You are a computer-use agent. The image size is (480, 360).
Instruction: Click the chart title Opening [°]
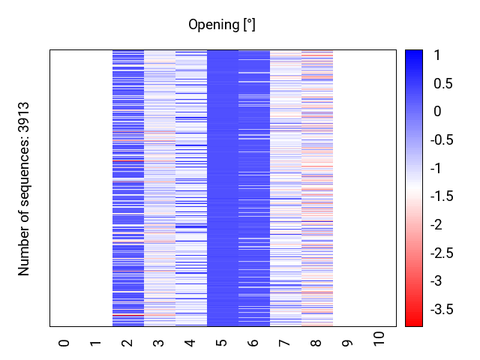[x=221, y=25]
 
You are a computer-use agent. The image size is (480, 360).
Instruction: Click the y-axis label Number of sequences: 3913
[x=24, y=189]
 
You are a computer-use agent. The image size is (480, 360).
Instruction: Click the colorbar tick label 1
[x=437, y=55]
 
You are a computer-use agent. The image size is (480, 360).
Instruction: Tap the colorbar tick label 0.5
[x=442, y=84]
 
